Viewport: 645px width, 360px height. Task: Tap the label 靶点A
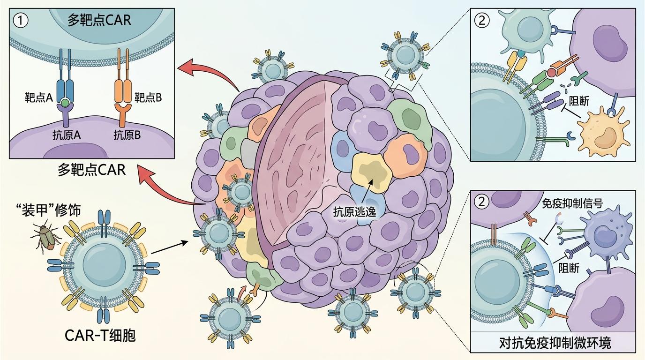tap(39, 98)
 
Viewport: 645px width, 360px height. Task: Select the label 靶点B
tap(148, 98)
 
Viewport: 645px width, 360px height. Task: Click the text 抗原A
tap(67, 135)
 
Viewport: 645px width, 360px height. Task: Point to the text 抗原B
tap(127, 135)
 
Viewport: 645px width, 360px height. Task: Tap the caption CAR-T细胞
tap(100, 336)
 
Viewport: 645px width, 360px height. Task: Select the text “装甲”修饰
tap(48, 210)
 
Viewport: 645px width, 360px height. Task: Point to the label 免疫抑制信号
tap(572, 203)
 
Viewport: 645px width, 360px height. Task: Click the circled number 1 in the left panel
tap(21, 21)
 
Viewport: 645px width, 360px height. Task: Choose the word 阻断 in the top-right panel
tap(579, 101)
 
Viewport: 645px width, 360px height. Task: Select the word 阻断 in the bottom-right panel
tap(569, 268)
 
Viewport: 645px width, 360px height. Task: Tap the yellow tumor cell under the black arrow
tap(372, 173)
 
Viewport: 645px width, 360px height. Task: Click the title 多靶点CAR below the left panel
tap(92, 170)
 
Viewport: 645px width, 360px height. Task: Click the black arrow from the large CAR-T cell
tap(169, 247)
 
